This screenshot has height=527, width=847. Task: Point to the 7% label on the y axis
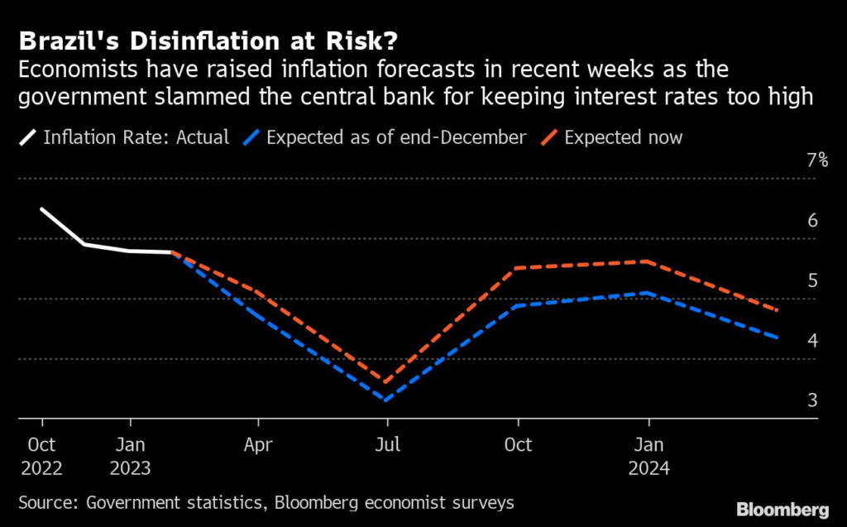point(816,160)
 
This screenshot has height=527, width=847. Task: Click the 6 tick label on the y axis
point(813,221)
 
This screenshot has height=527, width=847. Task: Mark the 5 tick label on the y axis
point(813,280)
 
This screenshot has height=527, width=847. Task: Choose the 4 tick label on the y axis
point(813,341)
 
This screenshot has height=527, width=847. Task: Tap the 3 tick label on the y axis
point(813,400)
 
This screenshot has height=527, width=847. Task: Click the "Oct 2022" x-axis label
point(41,456)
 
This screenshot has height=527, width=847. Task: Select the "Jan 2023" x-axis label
point(129,456)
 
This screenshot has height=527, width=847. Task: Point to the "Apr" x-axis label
point(259,444)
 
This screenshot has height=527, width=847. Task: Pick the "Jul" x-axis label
point(387,444)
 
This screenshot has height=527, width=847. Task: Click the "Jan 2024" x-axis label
point(648,456)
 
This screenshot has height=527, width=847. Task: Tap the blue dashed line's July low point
point(386,400)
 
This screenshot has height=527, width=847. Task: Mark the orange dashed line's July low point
point(386,382)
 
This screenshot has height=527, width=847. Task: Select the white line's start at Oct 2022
point(41,209)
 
